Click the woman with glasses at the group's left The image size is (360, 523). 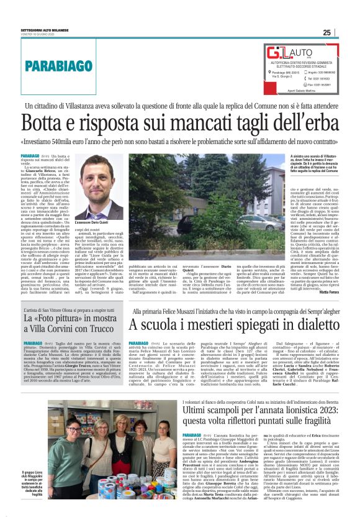click(x=70, y=441)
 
